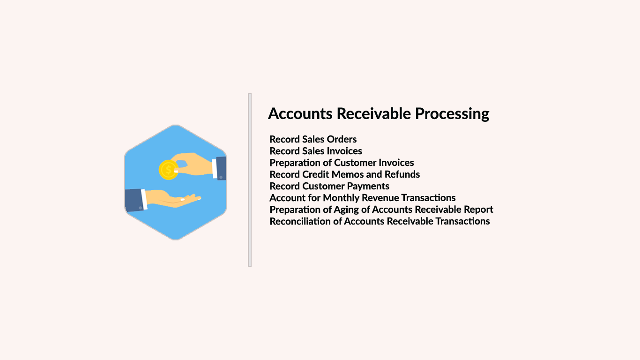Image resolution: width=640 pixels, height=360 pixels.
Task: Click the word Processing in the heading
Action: click(x=452, y=114)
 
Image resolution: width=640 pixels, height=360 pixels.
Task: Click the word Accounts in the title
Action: click(x=300, y=113)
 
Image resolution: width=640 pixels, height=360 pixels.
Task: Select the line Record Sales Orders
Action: click(x=313, y=139)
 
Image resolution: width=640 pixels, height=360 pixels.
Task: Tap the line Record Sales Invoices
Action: click(x=316, y=151)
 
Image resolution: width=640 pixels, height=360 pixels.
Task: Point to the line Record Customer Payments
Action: click(x=329, y=187)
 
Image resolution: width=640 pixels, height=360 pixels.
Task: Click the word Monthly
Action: click(x=341, y=198)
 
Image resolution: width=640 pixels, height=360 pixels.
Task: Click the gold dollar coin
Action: click(x=169, y=170)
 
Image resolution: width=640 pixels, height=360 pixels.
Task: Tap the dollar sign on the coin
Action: click(x=169, y=170)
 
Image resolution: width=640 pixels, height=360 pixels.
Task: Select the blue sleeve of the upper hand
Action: click(x=221, y=168)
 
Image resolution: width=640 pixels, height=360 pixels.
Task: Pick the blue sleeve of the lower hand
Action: click(x=134, y=200)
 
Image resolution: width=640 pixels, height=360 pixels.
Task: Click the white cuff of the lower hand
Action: click(x=144, y=199)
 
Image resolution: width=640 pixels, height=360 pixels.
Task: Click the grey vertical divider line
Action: click(x=250, y=180)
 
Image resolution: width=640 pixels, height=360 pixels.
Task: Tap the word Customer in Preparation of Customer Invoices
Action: click(x=355, y=163)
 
